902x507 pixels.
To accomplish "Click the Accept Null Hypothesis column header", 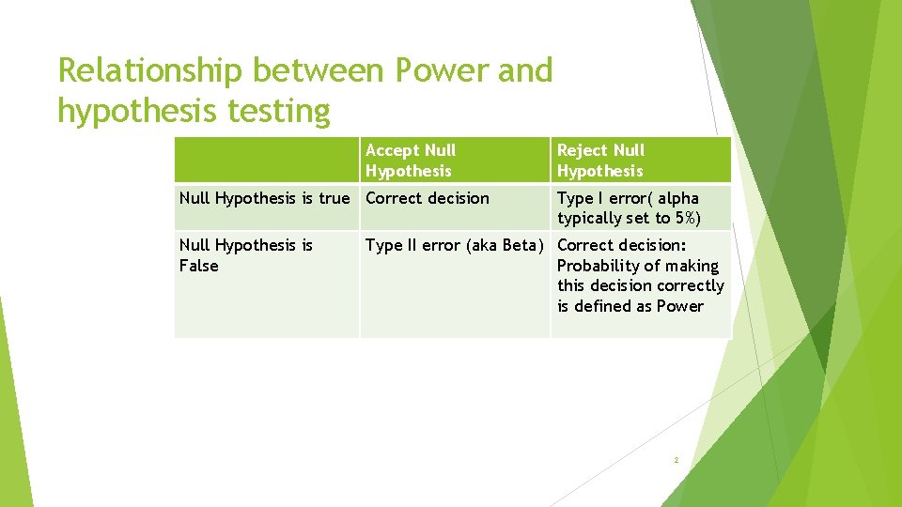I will (411, 161).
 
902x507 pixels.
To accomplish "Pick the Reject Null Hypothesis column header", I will (601, 161).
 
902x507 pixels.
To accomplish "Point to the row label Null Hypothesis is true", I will (264, 198).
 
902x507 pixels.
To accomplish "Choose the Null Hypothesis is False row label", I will (246, 255).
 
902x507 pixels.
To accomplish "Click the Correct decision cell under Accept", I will (428, 198).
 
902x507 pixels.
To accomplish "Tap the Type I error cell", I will (628, 207).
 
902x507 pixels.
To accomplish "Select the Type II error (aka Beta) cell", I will (455, 245).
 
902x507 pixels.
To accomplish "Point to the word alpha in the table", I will (678, 198).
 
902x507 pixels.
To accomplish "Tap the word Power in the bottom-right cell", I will (679, 306).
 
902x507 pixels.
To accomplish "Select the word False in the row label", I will (198, 266).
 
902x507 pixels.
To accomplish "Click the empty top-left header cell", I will (267, 161).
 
